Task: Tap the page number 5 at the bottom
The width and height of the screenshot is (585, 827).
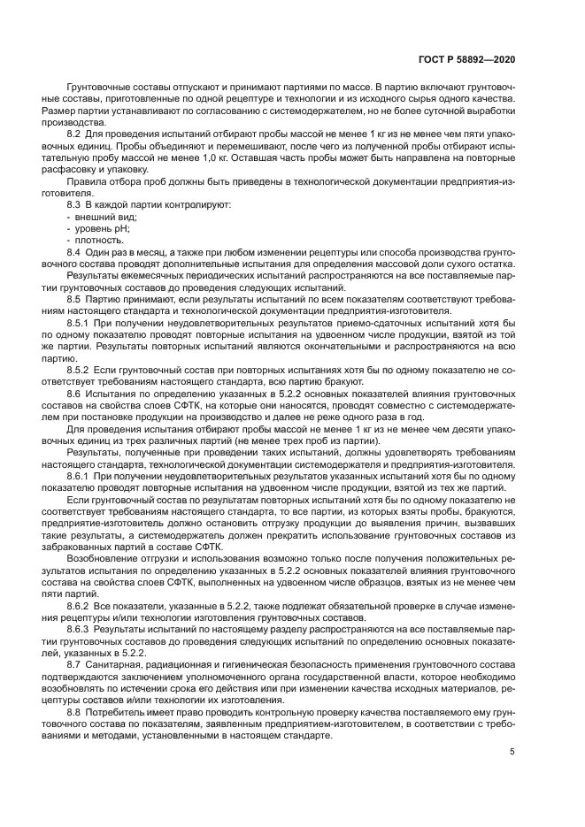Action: tap(512, 752)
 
